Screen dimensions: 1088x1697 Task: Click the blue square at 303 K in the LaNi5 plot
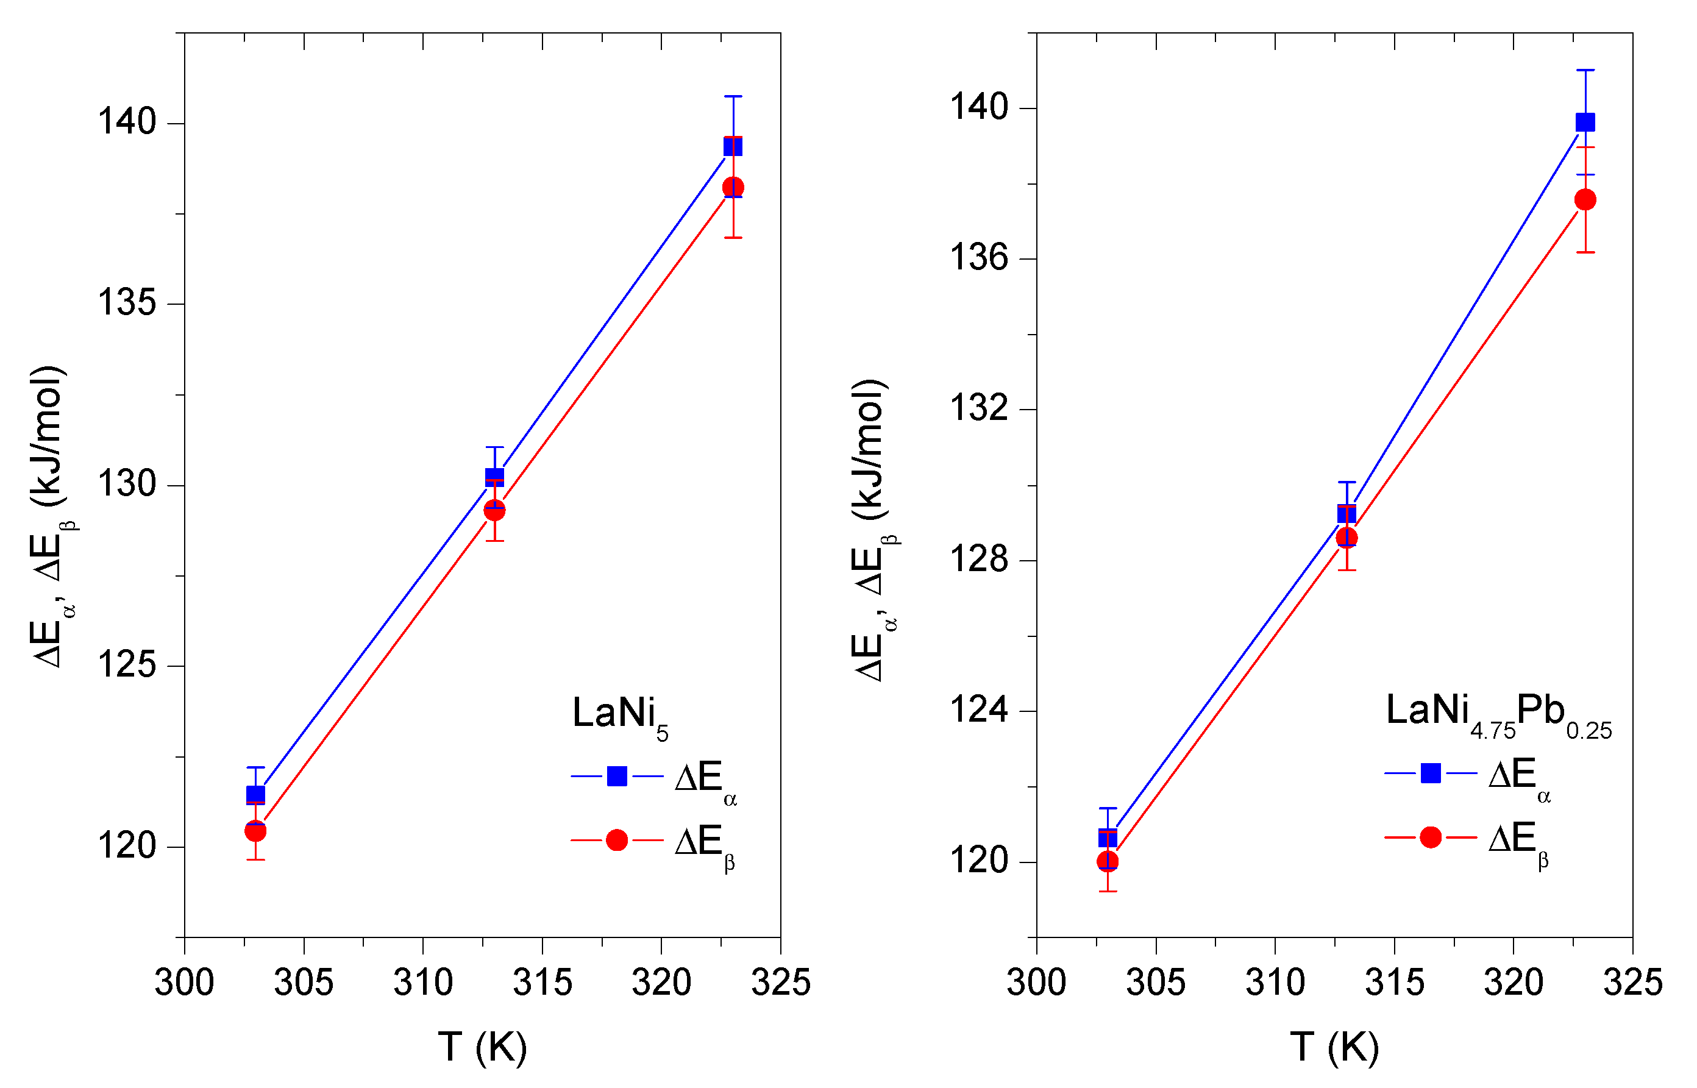(x=255, y=795)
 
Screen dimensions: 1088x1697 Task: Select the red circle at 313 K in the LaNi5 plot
(x=494, y=510)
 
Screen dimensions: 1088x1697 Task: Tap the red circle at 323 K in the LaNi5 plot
(x=733, y=187)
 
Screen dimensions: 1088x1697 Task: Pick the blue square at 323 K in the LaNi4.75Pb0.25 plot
(x=1585, y=123)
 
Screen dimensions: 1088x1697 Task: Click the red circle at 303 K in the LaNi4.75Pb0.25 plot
(x=1108, y=861)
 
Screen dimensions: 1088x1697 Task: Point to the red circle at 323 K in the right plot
(x=1585, y=200)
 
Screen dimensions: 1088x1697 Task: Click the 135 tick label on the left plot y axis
(x=126, y=303)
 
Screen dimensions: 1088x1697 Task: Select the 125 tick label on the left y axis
(x=126, y=666)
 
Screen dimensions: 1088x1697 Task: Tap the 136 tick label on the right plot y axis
(x=978, y=258)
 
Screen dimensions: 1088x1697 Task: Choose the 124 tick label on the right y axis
(x=978, y=710)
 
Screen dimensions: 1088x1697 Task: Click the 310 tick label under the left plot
(x=422, y=983)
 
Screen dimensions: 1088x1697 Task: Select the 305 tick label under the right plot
(x=1156, y=983)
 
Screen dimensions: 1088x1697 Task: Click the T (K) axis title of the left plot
(x=483, y=1047)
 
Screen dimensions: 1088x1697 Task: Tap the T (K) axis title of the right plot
(x=1334, y=1047)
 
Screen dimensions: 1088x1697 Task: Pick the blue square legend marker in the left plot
(x=617, y=777)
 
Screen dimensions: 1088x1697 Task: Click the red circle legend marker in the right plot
(x=1431, y=837)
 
